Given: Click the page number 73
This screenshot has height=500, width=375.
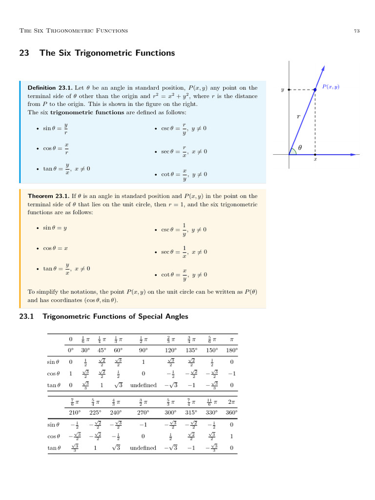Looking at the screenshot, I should click(356, 31).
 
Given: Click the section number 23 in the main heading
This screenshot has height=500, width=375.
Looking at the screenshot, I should click(24, 53).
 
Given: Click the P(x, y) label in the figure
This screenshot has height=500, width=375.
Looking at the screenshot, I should click(331, 87).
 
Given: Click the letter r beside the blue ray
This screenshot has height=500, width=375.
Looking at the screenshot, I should click(298, 117).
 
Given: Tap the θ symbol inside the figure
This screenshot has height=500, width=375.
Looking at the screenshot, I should click(300, 146).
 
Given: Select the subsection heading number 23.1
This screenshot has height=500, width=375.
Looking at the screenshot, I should click(26, 316).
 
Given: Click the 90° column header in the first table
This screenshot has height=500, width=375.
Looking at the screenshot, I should click(143, 350).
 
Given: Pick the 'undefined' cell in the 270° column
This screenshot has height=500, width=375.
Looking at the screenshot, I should click(143, 448).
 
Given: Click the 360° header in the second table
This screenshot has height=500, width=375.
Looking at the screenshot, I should click(231, 413).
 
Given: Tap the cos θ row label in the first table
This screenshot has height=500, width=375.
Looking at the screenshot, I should click(54, 374).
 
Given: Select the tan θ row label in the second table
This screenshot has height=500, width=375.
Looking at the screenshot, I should click(54, 448).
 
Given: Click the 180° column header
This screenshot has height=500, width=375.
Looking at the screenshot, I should click(231, 350).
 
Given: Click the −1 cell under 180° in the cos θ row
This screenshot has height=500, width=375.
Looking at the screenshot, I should click(231, 374).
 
